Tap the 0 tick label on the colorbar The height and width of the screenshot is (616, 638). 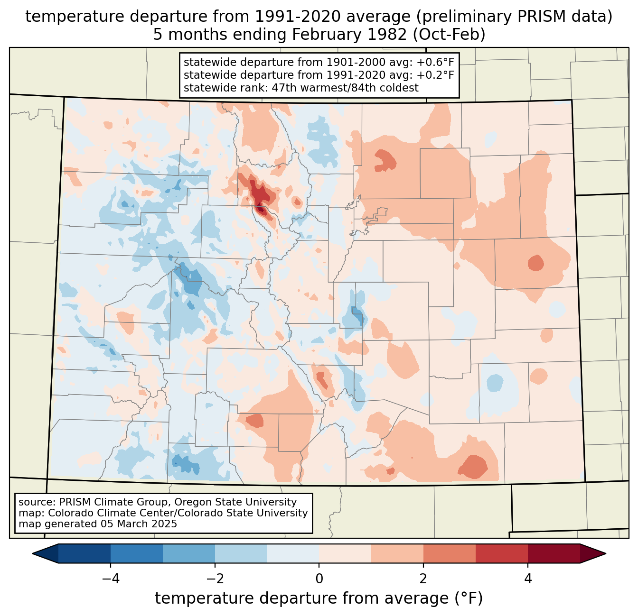319,579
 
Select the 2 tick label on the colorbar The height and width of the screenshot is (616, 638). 423,579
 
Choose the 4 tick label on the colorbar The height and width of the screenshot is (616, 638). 528,579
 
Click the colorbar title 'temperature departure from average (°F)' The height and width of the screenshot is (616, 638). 319,598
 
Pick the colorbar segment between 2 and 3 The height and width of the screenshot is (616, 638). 449,553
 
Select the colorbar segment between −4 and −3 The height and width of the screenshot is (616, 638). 137,553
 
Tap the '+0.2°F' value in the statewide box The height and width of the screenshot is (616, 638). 430,75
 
